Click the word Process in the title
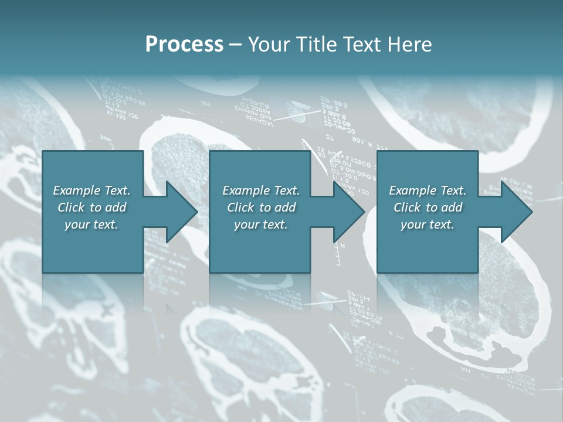(x=184, y=45)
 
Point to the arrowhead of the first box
(x=179, y=212)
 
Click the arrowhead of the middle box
(x=347, y=212)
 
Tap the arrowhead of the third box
(x=515, y=212)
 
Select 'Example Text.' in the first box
(x=91, y=190)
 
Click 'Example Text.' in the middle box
(x=261, y=190)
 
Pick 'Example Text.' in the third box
(x=428, y=190)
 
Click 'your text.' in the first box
(x=91, y=224)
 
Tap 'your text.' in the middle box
(x=261, y=224)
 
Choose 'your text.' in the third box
(x=428, y=224)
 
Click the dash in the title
(x=236, y=45)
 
